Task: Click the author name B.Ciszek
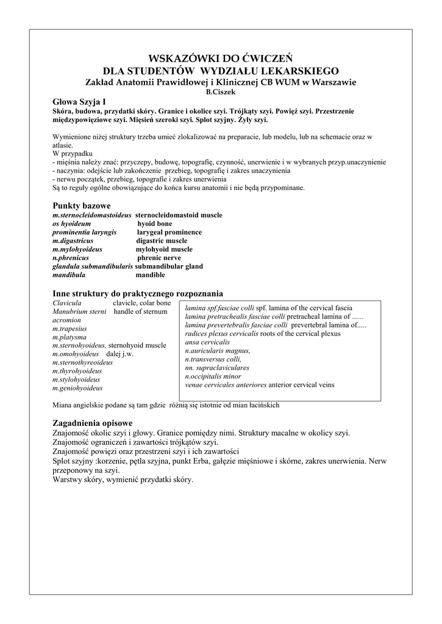tap(221, 92)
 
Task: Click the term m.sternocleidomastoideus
tap(92, 215)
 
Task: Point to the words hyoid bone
tap(155, 224)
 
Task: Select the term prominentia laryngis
tap(85, 232)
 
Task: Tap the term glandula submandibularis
tap(93, 266)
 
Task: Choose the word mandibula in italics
tap(69, 275)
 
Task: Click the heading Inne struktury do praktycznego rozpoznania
tap(138, 293)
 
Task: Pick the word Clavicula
tap(67, 303)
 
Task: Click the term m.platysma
tap(70, 337)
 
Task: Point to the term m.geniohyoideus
tap(77, 388)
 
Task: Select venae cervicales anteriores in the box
tap(226, 385)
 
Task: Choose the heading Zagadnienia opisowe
tap(93, 423)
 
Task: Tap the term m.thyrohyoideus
tap(77, 371)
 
